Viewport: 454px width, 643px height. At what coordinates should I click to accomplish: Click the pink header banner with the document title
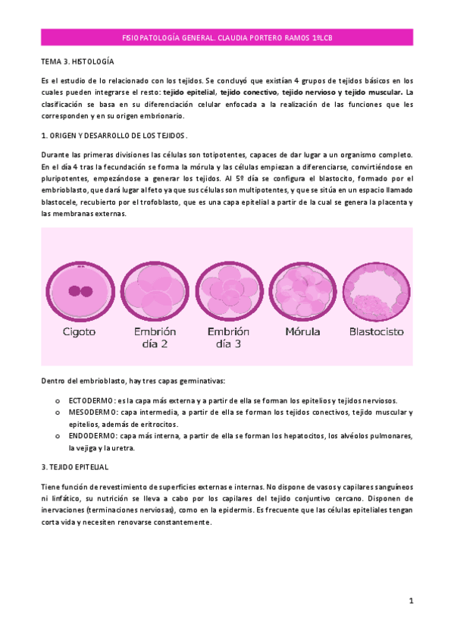227,36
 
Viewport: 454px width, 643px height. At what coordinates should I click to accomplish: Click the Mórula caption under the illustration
302,331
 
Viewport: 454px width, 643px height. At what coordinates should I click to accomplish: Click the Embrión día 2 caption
154,337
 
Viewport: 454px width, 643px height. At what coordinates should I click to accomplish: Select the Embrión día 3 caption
228,337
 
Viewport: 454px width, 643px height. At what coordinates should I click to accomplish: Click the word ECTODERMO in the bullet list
92,400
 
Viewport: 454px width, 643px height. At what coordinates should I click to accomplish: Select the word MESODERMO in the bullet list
92,412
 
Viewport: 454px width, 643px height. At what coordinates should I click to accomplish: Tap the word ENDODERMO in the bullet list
92,437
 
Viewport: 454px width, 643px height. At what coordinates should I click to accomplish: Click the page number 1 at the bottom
410,601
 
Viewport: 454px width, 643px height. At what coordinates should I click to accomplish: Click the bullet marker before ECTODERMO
58,400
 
